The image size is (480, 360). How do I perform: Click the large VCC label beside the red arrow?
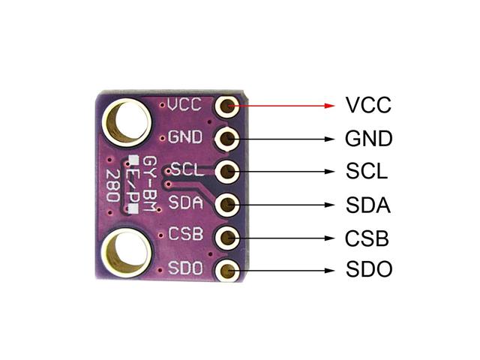(368, 105)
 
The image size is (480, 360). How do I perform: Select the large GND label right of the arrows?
(368, 138)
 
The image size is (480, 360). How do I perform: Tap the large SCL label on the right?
(367, 171)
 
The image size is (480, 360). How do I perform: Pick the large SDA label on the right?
(368, 205)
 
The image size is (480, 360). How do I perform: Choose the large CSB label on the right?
(367, 238)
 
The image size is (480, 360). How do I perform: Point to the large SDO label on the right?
(369, 269)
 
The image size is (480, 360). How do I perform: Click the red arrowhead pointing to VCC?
(329, 106)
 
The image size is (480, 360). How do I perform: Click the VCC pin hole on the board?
(226, 106)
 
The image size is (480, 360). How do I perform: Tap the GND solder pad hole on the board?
(226, 139)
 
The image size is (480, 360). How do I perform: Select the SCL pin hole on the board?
(227, 172)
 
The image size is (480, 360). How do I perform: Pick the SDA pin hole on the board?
(227, 205)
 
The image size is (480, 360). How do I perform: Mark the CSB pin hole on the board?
(227, 238)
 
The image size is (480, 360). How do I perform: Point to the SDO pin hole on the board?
(227, 270)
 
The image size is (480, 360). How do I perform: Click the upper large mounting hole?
(127, 122)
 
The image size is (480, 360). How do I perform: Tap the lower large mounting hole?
(127, 253)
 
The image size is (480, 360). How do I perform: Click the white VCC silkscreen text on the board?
(185, 104)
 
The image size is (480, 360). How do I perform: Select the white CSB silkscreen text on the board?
(186, 234)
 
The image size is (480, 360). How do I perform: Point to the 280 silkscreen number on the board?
(112, 185)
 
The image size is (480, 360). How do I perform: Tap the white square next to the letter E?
(133, 160)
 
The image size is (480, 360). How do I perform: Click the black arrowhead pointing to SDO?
(329, 271)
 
